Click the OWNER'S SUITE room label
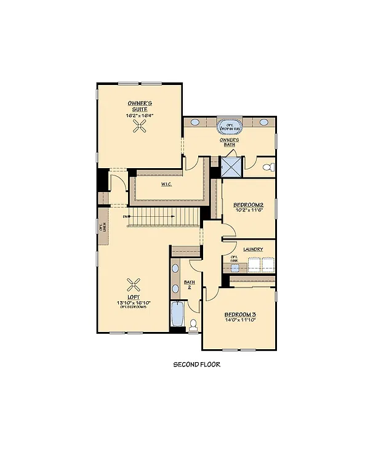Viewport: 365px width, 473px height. point(140,105)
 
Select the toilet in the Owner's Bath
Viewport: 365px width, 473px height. point(268,167)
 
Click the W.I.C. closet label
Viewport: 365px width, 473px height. point(166,184)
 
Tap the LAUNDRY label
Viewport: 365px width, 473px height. point(253,249)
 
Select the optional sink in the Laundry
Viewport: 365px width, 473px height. point(235,259)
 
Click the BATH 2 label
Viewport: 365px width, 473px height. point(190,285)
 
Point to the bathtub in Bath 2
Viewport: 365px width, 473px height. point(177,314)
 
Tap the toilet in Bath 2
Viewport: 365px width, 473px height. point(193,325)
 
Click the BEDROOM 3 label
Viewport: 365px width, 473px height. point(239,314)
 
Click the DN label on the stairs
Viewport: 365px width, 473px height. point(126,217)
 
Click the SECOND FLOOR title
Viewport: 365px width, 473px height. point(196,364)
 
